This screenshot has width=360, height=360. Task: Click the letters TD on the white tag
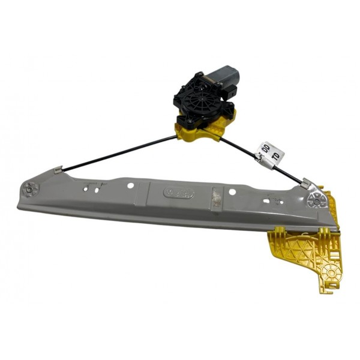[x=276, y=157]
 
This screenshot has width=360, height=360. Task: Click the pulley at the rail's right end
[x=314, y=200]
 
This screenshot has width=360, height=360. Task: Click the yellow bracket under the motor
[x=198, y=128]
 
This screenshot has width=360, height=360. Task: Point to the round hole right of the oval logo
[x=233, y=193]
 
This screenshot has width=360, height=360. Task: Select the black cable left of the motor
[x=120, y=152]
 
